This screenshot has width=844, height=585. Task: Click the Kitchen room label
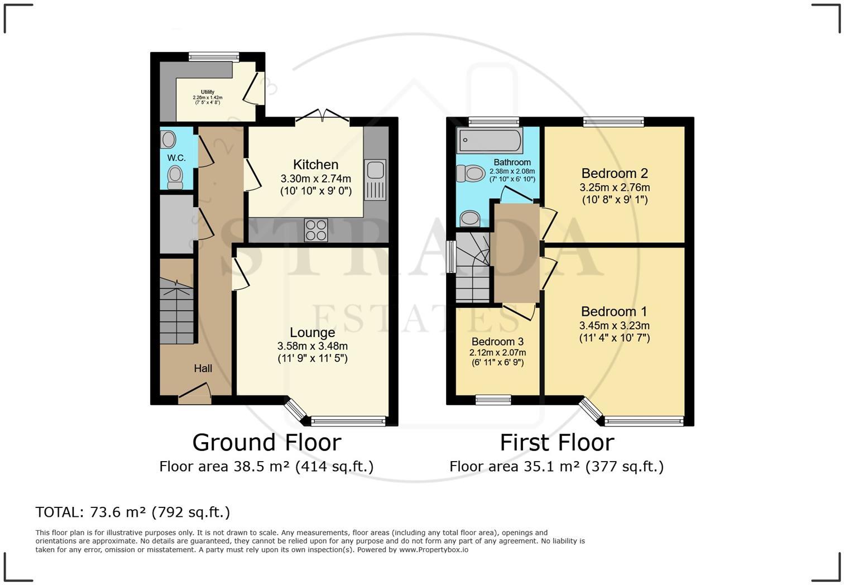tap(315, 165)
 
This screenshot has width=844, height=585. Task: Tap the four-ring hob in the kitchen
tap(316, 229)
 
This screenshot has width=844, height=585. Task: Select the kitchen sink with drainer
tap(375, 180)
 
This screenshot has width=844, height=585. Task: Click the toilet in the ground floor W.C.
tap(175, 177)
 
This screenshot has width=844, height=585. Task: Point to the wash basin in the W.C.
tap(168, 139)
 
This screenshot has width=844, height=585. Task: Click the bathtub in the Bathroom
tap(490, 140)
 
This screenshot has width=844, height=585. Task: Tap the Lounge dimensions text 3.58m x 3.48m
tap(313, 346)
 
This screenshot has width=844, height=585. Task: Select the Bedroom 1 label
tap(614, 311)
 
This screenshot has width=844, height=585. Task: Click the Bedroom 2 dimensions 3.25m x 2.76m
tap(615, 188)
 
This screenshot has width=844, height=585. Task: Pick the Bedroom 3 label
tap(497, 342)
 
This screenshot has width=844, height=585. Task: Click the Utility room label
tap(208, 92)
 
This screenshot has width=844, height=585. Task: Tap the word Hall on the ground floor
tap(203, 368)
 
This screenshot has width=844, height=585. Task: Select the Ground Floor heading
tap(266, 443)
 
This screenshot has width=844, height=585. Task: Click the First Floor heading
tap(557, 443)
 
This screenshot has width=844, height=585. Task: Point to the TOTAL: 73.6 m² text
tap(132, 512)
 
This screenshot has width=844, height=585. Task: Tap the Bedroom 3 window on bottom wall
tap(493, 399)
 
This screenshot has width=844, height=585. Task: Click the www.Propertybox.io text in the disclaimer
tap(433, 550)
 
